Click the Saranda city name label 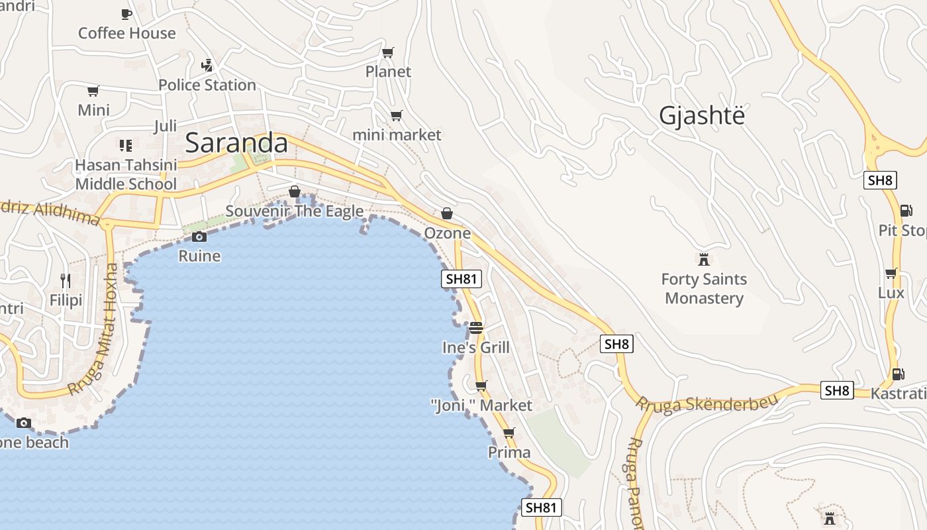tap(236, 143)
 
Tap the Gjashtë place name tap(702, 116)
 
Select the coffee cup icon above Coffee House tap(126, 14)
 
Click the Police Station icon tap(207, 66)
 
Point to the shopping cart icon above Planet tap(388, 52)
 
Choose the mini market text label tap(397, 135)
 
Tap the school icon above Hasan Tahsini tap(126, 145)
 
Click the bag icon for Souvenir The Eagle tap(295, 191)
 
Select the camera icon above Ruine tap(199, 237)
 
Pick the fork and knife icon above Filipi tap(66, 281)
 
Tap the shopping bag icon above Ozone tap(447, 213)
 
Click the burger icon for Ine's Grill tap(475, 328)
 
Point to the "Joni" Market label tap(481, 405)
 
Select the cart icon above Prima tap(509, 433)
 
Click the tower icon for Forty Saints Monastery tap(704, 259)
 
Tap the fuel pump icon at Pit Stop tap(905, 211)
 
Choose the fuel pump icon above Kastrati tap(897, 374)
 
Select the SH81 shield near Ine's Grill tap(462, 279)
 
